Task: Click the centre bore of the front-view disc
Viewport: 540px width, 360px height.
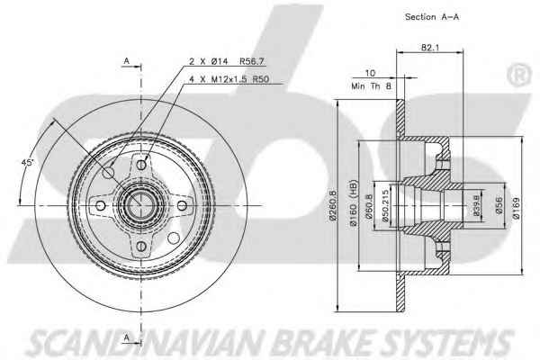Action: click(x=139, y=205)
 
